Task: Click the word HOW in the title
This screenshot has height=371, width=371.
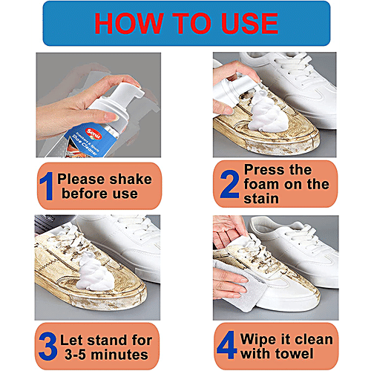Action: (x=129, y=24)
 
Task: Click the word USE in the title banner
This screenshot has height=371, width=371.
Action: (x=250, y=24)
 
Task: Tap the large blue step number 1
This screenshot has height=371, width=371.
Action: (x=47, y=186)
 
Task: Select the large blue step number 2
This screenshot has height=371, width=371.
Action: (x=230, y=184)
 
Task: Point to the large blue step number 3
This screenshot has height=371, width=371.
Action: (x=47, y=346)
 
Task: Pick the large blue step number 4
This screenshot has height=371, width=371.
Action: (x=227, y=345)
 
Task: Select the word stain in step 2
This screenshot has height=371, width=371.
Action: (x=261, y=199)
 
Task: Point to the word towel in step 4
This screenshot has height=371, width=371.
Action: (x=295, y=353)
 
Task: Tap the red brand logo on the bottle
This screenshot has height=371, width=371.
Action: (x=93, y=134)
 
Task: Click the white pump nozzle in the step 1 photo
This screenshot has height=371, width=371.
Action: (x=126, y=93)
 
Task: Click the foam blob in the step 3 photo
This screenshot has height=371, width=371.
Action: (x=95, y=272)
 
